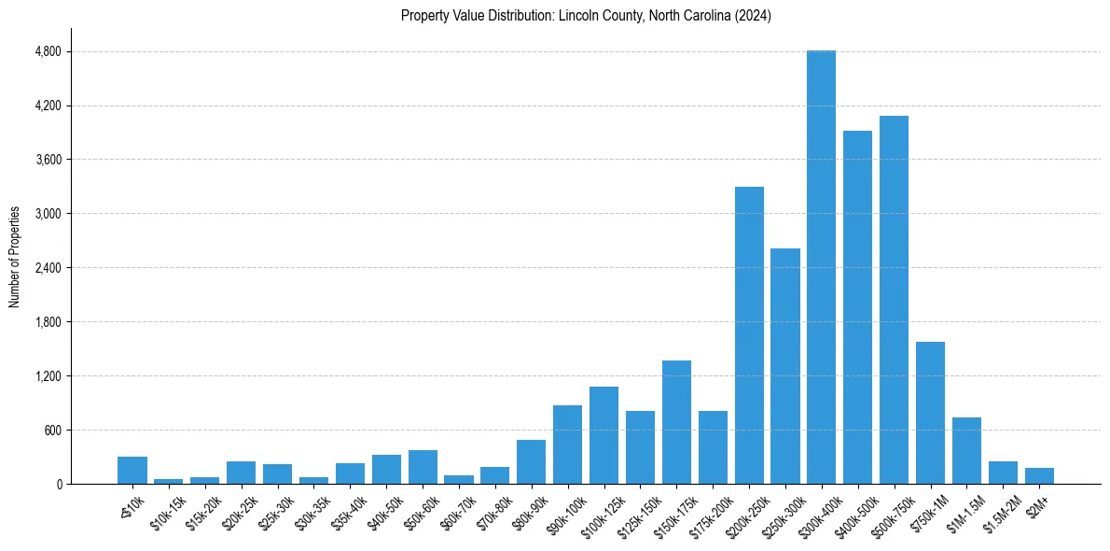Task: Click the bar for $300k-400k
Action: tap(821, 267)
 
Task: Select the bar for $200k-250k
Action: tap(749, 335)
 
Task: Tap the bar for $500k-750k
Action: tap(894, 300)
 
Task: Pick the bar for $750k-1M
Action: tap(930, 413)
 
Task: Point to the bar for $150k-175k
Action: tap(676, 422)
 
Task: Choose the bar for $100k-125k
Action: tap(604, 435)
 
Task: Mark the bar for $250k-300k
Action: tap(785, 366)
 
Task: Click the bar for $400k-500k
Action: tap(857, 307)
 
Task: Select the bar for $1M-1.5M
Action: tap(966, 451)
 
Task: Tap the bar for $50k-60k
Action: tap(423, 467)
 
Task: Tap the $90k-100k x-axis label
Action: tap(565, 514)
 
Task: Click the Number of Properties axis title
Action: tap(14, 256)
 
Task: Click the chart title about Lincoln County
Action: tap(586, 16)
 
